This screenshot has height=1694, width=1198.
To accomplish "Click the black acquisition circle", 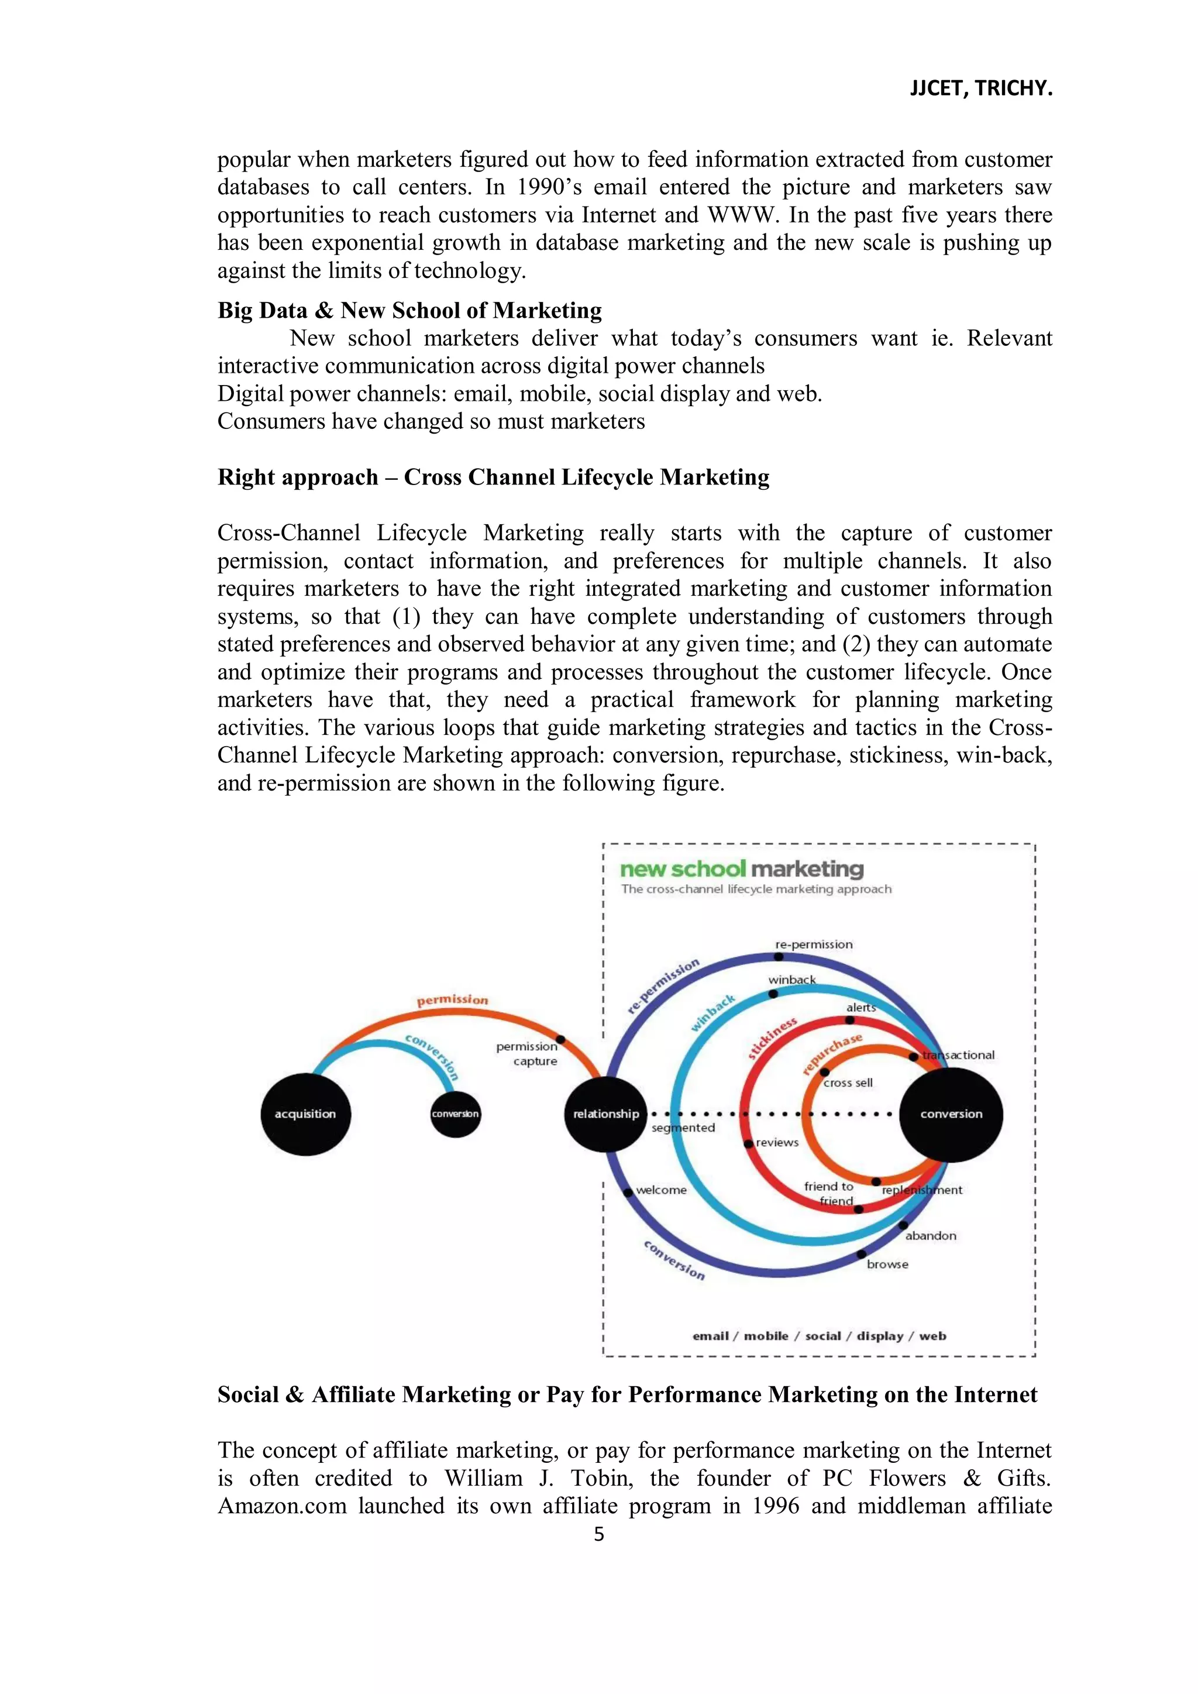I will (305, 1114).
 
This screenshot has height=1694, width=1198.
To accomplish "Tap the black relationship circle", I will (605, 1114).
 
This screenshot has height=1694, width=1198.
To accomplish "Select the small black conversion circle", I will (455, 1114).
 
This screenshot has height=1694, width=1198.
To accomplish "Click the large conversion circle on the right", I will (951, 1114).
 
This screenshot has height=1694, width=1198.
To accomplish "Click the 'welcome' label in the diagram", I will (661, 1190).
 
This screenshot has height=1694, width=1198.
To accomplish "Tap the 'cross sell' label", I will (848, 1083).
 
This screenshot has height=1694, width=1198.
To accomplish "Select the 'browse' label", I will (887, 1265).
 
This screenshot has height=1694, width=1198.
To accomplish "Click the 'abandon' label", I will (930, 1236).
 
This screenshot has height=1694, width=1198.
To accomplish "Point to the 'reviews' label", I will (777, 1143).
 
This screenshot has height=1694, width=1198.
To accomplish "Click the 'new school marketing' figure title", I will (741, 869).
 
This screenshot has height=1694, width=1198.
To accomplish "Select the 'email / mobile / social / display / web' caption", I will (819, 1336).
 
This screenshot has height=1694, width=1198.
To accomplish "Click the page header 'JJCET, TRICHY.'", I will (980, 88).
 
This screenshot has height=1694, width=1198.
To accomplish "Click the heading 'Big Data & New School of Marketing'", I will (409, 311).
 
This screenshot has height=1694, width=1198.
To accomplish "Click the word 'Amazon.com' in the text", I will (282, 1506).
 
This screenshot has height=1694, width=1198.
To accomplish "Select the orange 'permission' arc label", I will (452, 1001).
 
